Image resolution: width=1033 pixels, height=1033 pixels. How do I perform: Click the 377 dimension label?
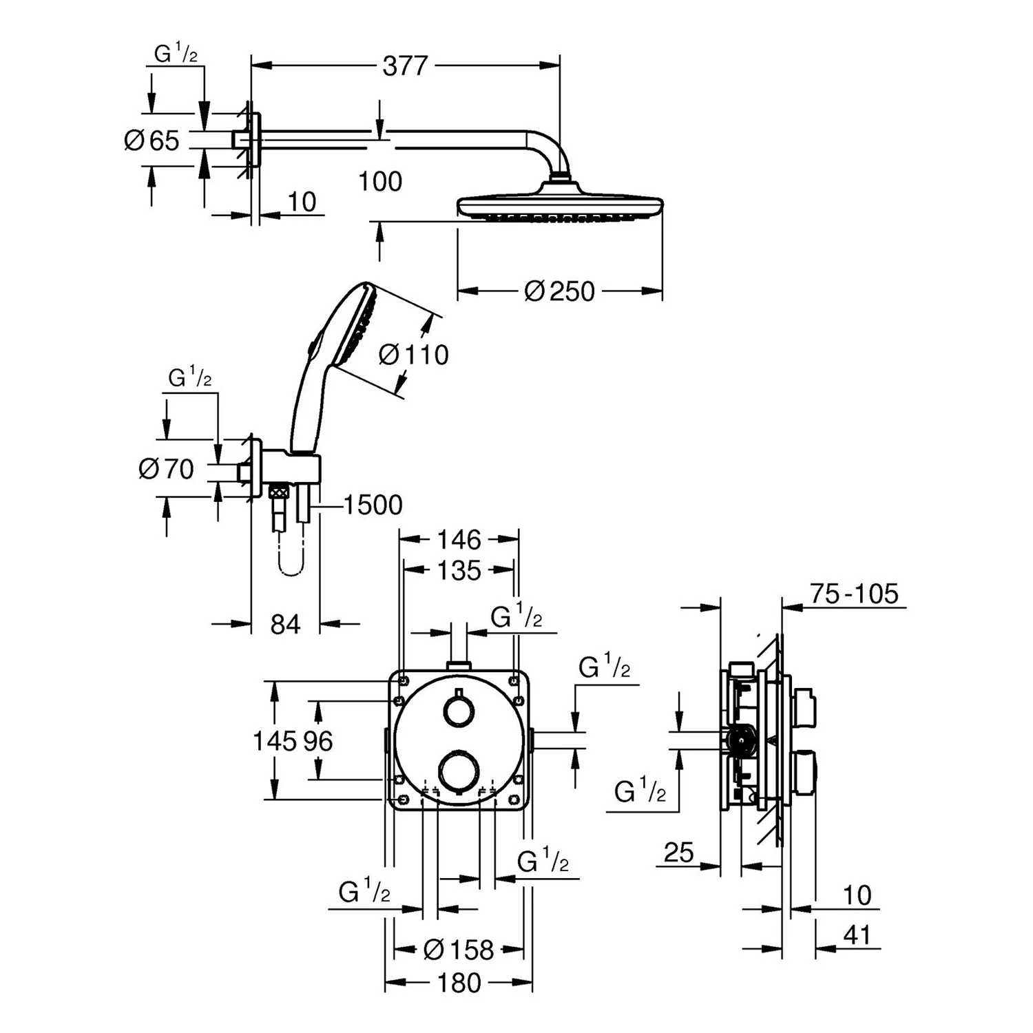405,66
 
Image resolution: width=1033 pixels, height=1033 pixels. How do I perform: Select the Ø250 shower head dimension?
559,291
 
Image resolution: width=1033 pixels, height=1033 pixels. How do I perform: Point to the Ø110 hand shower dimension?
414,355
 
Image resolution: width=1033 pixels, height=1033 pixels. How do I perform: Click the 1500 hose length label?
372,505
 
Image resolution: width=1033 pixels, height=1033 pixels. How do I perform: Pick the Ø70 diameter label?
166,469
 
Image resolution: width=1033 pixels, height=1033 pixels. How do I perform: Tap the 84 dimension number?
285,625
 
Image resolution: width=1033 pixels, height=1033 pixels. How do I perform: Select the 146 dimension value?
459,539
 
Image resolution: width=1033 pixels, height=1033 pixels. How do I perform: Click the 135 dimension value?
459,570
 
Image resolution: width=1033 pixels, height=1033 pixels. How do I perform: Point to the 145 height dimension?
273,741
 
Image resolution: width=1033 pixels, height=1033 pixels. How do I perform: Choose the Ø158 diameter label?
459,950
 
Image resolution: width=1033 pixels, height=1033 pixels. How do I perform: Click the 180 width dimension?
459,983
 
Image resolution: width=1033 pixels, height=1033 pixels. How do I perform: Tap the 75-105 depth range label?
854,594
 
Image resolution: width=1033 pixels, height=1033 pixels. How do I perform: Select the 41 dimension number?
857,935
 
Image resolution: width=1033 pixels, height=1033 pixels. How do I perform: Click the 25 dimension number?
679,853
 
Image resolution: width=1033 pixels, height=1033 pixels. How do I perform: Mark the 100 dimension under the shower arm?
380,182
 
